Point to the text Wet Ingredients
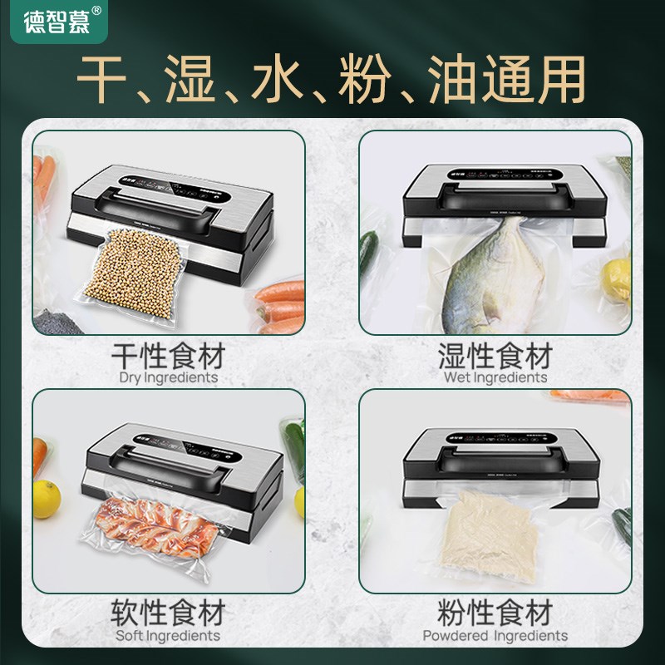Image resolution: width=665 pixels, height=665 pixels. (x=495, y=378)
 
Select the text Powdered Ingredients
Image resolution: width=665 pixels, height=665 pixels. (x=495, y=636)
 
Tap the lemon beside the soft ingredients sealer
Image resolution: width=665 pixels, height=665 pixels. (x=46, y=499)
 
